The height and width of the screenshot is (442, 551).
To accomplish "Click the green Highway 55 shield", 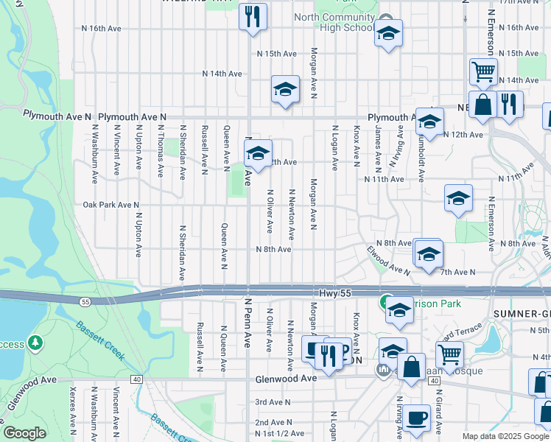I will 85,302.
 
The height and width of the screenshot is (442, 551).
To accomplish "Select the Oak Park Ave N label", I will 110,205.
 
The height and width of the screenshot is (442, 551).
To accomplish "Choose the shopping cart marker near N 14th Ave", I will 483,72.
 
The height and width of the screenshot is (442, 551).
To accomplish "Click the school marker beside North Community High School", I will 387,33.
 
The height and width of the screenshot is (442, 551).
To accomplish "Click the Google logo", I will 24,433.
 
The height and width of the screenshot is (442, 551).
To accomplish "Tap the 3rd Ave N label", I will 273,402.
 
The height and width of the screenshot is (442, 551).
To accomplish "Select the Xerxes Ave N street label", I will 72,406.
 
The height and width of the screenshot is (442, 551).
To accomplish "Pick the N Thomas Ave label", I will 160,151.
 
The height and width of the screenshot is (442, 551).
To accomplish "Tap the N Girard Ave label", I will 438,413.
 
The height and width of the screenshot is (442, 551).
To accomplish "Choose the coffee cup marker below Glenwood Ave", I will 416,417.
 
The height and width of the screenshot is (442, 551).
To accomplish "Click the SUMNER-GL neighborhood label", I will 520,313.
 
